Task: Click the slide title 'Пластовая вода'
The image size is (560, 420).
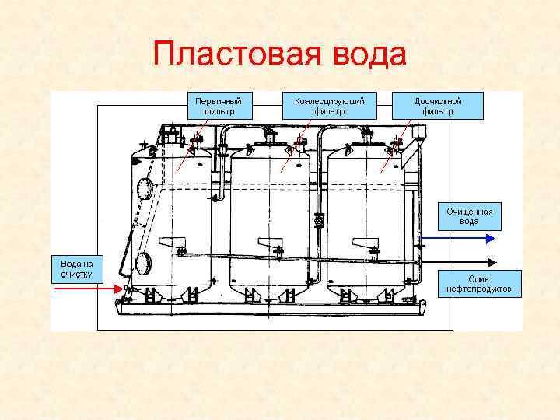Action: (280, 55)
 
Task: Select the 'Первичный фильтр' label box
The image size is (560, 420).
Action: (218, 106)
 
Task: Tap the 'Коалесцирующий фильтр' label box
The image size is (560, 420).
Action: (329, 106)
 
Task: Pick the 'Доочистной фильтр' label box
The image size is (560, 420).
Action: (438, 106)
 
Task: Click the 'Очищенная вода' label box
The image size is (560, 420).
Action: (469, 216)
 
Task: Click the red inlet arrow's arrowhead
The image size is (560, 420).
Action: (119, 289)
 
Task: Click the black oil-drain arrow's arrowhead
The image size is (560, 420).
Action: (492, 261)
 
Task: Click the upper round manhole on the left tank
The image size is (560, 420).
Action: (145, 188)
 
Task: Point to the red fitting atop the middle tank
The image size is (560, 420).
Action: (300, 142)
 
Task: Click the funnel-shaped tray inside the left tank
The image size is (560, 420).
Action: (170, 243)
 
